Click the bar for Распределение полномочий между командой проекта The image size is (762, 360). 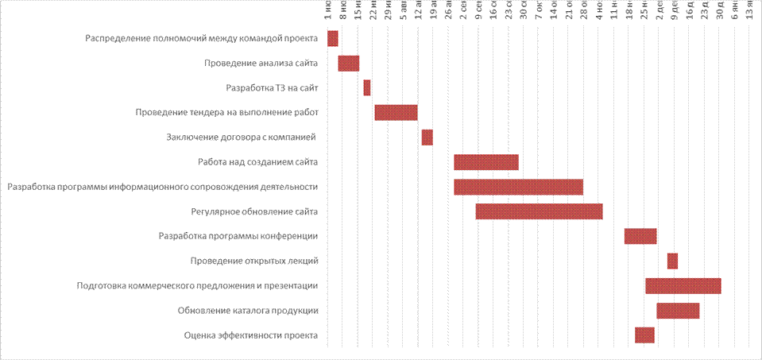click(332, 38)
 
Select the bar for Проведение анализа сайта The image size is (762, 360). click(348, 63)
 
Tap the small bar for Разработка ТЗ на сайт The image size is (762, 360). click(367, 87)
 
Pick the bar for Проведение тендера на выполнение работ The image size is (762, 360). click(396, 112)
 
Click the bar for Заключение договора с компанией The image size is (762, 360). click(427, 137)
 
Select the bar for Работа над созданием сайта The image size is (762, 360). click(486, 162)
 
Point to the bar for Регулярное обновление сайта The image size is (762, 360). click(539, 211)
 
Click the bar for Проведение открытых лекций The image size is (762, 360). click(672, 261)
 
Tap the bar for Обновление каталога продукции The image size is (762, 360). click(678, 310)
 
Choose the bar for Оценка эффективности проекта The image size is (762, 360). click(644, 335)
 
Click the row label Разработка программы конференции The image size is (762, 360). click(238, 236)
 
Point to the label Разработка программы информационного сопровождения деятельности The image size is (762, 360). click(163, 187)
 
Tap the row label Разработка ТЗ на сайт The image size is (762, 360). click(272, 87)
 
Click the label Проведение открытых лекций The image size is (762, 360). click(254, 261)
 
